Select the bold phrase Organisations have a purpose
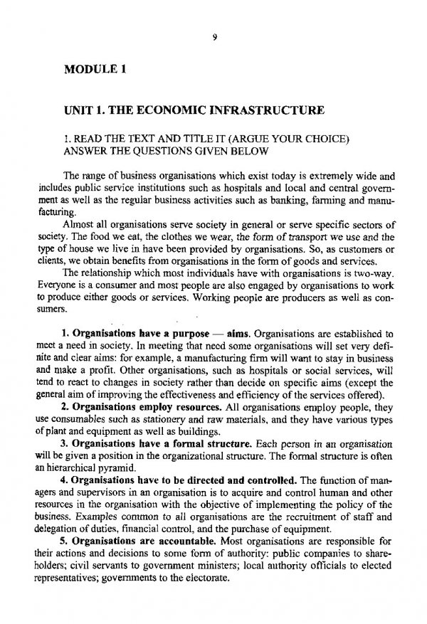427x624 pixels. click(x=135, y=333)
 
